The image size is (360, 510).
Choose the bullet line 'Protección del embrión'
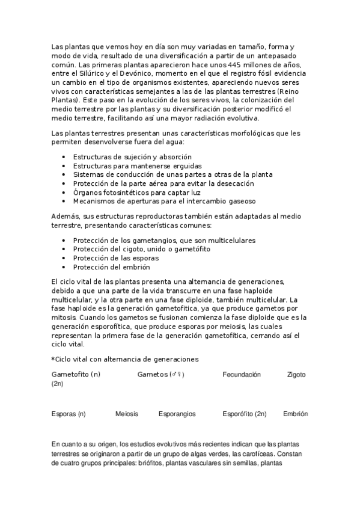click(x=111, y=266)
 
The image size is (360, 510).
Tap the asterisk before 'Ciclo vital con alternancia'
click(x=53, y=359)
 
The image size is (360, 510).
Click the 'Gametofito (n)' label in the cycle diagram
click(x=76, y=374)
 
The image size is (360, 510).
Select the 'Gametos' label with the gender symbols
click(x=160, y=374)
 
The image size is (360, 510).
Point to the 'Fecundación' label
click(x=242, y=374)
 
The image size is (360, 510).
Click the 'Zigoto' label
click(x=296, y=374)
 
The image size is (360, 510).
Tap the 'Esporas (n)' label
click(x=69, y=414)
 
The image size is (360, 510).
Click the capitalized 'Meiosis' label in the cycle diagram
click(x=127, y=414)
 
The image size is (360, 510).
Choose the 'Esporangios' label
click(x=177, y=414)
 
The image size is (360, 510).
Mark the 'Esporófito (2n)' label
click(x=244, y=414)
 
